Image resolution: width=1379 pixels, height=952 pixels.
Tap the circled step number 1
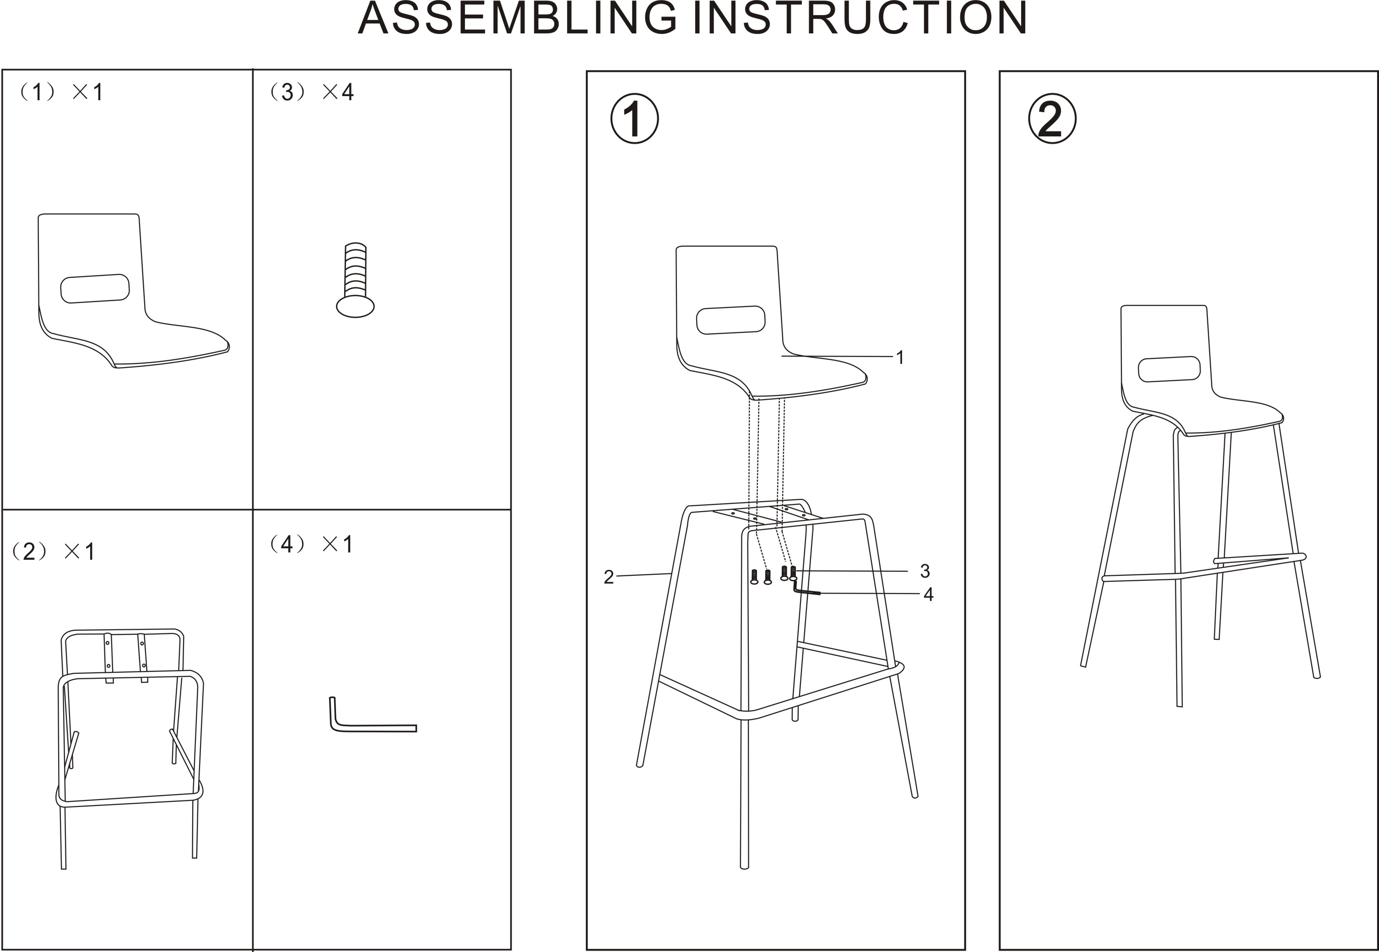[634, 119]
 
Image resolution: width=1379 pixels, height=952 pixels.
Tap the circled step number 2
[1052, 119]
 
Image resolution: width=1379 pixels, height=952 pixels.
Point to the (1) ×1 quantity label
[61, 92]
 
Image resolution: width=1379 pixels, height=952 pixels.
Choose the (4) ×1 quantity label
[310, 544]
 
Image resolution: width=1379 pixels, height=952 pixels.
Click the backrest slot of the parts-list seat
[95, 289]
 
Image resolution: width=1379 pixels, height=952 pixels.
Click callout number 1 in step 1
[900, 357]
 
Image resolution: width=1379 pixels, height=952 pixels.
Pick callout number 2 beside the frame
[608, 577]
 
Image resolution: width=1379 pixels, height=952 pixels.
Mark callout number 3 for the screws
[925, 571]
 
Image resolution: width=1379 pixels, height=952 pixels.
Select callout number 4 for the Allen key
[928, 594]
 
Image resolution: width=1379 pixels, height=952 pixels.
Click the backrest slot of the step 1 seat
[730, 320]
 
